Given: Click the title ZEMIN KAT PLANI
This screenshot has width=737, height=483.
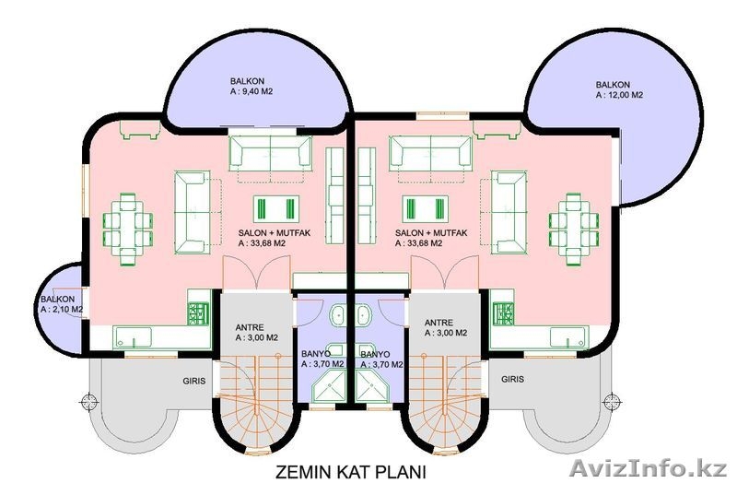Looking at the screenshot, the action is pyautogui.click(x=350, y=471).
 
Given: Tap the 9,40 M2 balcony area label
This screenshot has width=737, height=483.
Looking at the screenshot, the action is pyautogui.click(x=252, y=87).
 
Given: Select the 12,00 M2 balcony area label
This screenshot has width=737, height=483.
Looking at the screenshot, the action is pyautogui.click(x=619, y=89).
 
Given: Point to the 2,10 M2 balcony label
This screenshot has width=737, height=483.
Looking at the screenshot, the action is pyautogui.click(x=62, y=304).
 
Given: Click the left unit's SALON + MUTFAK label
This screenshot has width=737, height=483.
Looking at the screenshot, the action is pyautogui.click(x=275, y=238).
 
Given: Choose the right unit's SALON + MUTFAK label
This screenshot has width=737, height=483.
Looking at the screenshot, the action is pyautogui.click(x=431, y=238).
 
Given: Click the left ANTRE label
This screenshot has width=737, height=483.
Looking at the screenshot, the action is pyautogui.click(x=257, y=333).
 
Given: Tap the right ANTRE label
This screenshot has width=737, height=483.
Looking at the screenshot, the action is pyautogui.click(x=446, y=328).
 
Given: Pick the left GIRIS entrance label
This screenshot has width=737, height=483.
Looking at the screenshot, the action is pyautogui.click(x=194, y=381).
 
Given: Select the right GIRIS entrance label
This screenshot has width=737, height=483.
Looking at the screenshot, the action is pyautogui.click(x=512, y=379).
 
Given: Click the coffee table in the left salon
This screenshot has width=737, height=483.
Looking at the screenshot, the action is pyautogui.click(x=276, y=209).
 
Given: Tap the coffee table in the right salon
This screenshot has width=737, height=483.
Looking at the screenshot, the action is pyautogui.click(x=426, y=209).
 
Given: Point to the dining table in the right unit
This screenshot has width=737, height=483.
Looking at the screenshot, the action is pyautogui.click(x=574, y=229).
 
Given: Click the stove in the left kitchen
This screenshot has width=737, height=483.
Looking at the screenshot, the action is pyautogui.click(x=198, y=313).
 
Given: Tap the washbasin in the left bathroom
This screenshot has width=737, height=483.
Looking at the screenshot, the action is pyautogui.click(x=338, y=315).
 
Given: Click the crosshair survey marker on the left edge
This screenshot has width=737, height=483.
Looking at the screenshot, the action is pyautogui.click(x=88, y=402).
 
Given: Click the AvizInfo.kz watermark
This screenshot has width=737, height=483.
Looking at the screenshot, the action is pyautogui.click(x=648, y=468).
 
